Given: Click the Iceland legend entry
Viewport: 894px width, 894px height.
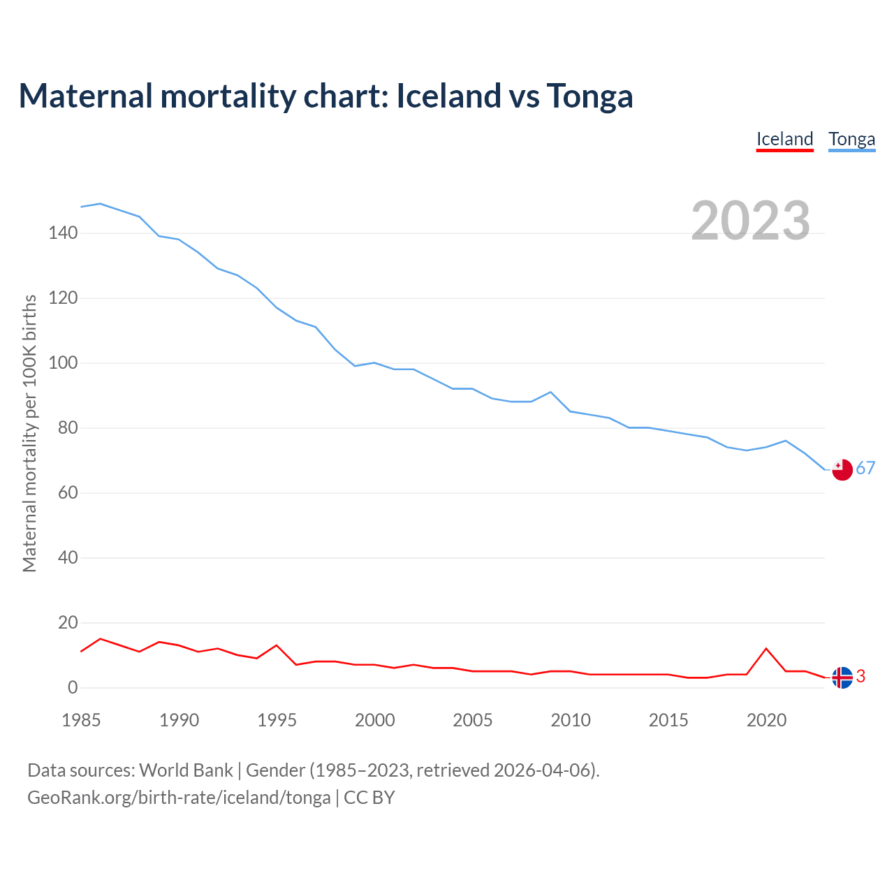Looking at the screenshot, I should pos(785,139).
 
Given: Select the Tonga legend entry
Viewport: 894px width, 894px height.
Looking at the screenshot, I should pos(851,139).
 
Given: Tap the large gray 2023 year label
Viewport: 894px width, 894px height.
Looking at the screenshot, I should pos(751,221).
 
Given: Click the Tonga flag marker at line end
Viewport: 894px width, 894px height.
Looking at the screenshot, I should pos(842,469).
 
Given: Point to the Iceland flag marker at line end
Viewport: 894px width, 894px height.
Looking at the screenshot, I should pos(842,677).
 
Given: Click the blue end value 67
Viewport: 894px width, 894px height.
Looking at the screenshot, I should pos(865,469).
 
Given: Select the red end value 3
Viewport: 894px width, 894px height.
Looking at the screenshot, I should pos(860,676).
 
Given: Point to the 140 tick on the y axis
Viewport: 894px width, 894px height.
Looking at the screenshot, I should pos(63,233).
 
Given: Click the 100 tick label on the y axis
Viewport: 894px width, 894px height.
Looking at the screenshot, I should pos(63,363).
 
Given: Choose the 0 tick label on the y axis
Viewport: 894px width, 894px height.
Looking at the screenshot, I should pos(73,688).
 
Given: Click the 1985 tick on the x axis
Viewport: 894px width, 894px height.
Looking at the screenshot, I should pos(81,720).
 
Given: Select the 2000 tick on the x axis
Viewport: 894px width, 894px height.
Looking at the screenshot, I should pos(375,720).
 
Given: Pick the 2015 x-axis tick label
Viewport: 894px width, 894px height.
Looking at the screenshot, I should pos(668,720).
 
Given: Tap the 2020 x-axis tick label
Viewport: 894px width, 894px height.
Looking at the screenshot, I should pos(766,720).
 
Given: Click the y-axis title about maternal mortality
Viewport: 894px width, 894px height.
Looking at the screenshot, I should pos(29,433).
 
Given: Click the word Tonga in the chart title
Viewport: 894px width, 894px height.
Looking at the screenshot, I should pos(589,96).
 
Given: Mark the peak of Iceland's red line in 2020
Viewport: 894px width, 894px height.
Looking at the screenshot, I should pos(766,649).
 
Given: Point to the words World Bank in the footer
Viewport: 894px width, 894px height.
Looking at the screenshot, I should pos(186,770).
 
